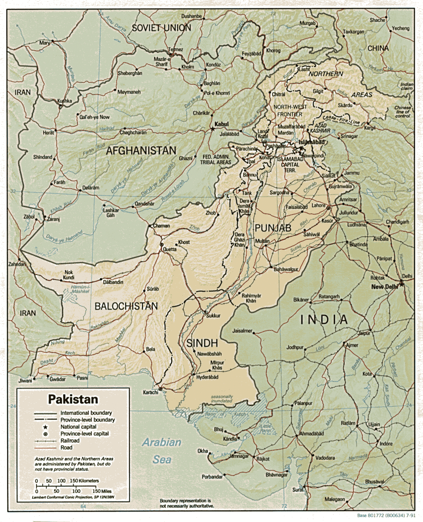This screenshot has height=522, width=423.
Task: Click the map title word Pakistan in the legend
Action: coord(73,399)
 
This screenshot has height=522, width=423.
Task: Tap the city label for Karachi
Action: coord(150,393)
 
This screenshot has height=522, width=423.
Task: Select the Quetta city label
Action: coord(170,249)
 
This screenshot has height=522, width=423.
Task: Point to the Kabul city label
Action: coord(221,124)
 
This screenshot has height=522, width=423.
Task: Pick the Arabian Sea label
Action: coord(162,451)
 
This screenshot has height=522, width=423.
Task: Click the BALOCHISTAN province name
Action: coord(126,306)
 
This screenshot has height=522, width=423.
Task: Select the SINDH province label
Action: coord(202,343)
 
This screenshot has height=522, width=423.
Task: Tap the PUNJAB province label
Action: coord(273,228)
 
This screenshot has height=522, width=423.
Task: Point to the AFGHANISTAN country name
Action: coord(141,150)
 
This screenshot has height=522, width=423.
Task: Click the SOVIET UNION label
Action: coord(161,28)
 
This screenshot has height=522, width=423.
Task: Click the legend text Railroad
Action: coord(70,440)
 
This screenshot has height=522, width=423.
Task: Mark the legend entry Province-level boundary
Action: coord(88,420)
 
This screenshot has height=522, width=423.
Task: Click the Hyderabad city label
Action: coord(207,377)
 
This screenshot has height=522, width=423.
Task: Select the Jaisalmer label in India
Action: coord(242,331)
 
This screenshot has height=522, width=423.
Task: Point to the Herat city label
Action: coord(48,133)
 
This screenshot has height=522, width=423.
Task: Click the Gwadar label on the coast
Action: coord(58,379)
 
